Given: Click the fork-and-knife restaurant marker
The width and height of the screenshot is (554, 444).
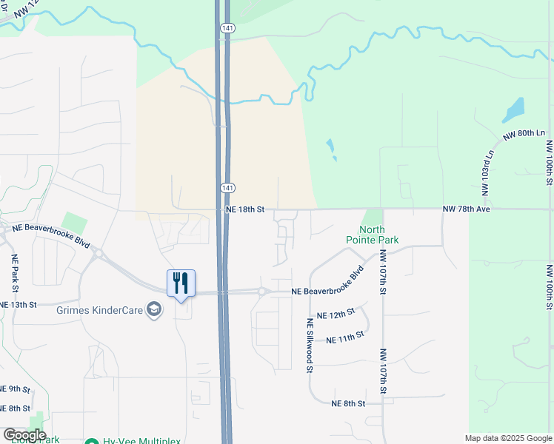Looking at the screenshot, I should pyautogui.click(x=180, y=283).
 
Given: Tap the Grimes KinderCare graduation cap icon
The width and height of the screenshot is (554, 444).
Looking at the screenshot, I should pyautogui.click(x=154, y=309).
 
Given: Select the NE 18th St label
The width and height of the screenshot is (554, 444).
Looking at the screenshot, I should pyautogui.click(x=244, y=210).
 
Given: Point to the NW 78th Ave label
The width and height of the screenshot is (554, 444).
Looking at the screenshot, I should pyautogui.click(x=467, y=210).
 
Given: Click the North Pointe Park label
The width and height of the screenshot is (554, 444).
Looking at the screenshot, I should pyautogui.click(x=372, y=235).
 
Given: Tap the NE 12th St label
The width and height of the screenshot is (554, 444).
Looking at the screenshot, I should pyautogui.click(x=336, y=315).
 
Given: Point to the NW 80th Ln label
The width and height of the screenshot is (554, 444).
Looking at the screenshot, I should pyautogui.click(x=524, y=134).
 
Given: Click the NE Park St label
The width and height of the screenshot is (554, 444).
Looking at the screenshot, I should pyautogui.click(x=14, y=273).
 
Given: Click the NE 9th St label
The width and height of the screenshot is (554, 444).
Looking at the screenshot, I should pyautogui.click(x=15, y=389).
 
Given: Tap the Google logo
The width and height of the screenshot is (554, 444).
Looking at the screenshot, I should pyautogui.click(x=24, y=435).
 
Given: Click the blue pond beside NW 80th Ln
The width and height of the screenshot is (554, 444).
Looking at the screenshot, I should pyautogui.click(x=513, y=110).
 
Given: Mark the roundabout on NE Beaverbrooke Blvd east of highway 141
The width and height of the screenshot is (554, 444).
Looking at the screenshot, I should pyautogui.click(x=261, y=292).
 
